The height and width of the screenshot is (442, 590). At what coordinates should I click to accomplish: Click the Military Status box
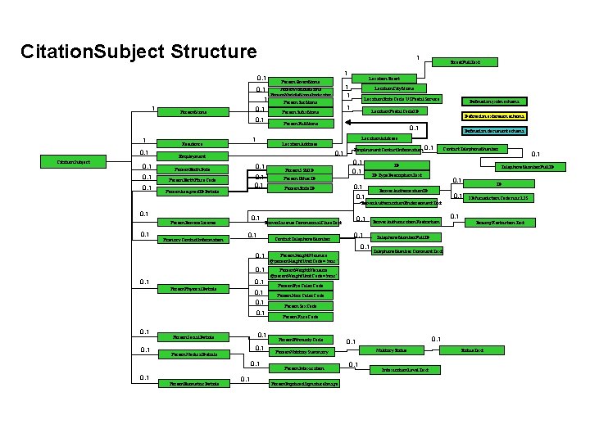392,350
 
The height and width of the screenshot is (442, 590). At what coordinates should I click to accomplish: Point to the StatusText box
472,350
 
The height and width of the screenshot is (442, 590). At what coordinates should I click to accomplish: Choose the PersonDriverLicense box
193,222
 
